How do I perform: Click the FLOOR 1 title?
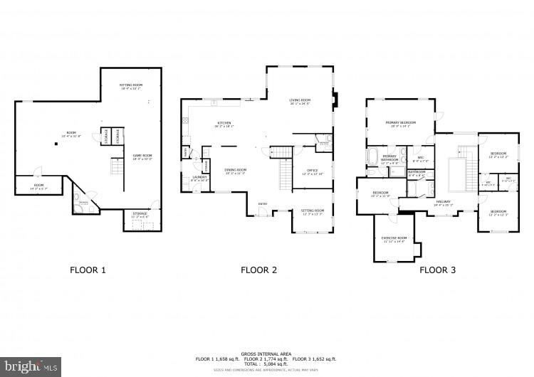click(88, 270)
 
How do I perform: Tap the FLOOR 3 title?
click(437, 270)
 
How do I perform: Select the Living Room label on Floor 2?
click(300, 102)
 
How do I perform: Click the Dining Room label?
click(236, 171)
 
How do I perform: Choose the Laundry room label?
click(199, 178)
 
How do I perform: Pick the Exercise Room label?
click(394, 240)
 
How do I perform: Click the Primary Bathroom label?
click(389, 158)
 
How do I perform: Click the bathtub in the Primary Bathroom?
click(374, 156)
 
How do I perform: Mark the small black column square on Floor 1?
click(56, 143)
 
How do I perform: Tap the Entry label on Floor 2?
click(262, 206)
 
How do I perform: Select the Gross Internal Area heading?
click(267, 353)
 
